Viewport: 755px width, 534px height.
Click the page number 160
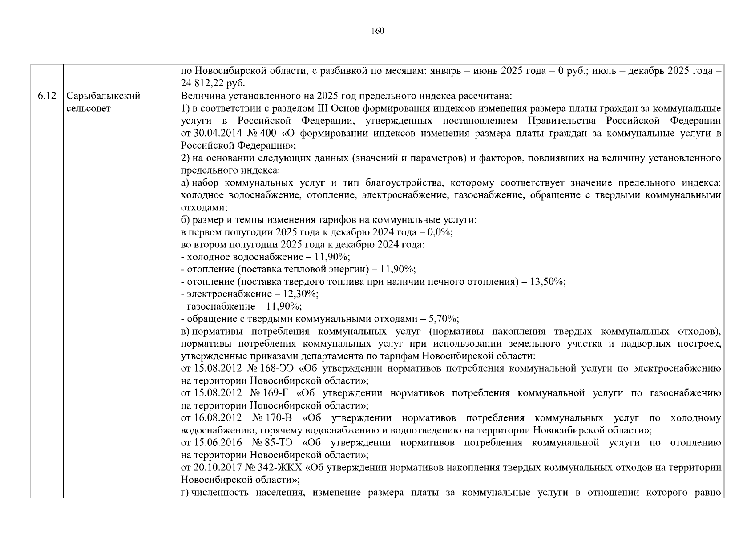coord(377,31)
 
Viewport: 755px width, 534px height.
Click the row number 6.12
coord(47,96)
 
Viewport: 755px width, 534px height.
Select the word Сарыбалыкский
coord(103,96)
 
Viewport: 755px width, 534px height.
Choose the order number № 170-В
coord(272,418)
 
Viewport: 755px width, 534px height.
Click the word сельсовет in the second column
coord(88,108)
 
